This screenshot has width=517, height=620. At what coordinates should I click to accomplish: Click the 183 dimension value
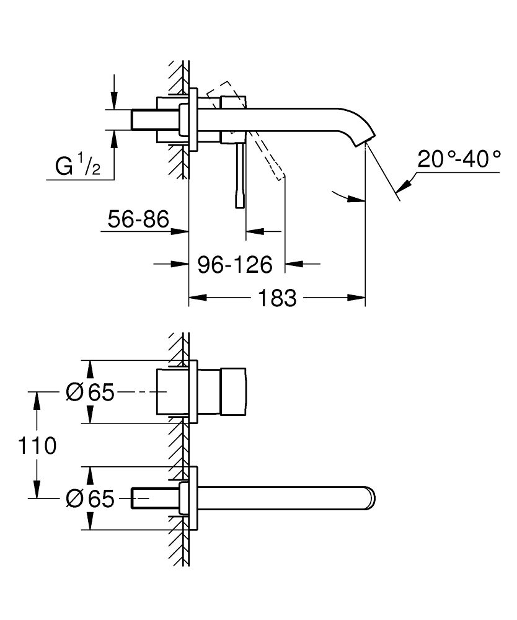276,298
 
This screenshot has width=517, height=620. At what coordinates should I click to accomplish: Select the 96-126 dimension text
235,265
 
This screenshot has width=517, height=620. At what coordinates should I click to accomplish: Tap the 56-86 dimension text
138,219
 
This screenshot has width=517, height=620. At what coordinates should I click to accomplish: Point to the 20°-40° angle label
459,159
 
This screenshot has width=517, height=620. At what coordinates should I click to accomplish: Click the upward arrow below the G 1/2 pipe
113,138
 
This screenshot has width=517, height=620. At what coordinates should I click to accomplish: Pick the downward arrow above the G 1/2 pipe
113,100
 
